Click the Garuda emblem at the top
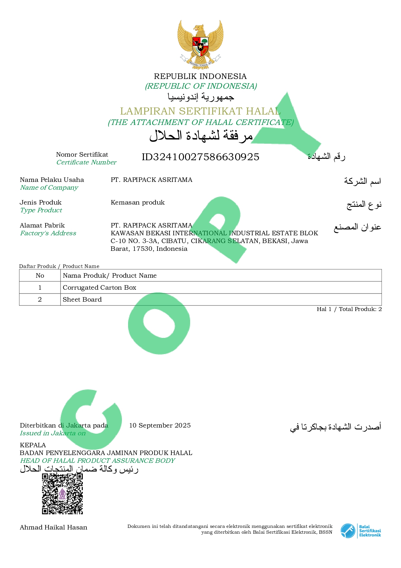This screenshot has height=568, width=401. tap(200, 43)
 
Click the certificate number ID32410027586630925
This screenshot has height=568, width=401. tap(200, 157)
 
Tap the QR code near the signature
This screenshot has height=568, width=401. tap(62, 494)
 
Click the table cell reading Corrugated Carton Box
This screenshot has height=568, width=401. tap(100, 287)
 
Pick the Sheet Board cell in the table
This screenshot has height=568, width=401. tap(82, 299)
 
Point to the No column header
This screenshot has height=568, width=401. tap(40, 275)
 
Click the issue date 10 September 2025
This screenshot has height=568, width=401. tap(160, 425)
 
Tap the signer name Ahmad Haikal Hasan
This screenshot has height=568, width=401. tap(53, 527)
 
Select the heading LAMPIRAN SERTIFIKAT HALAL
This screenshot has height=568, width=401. tap(200, 111)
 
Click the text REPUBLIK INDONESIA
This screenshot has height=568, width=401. tap(200, 76)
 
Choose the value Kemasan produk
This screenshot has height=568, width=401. tap(137, 202)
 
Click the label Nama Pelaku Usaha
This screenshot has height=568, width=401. tap(52, 180)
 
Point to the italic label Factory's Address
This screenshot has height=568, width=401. tap(48, 233)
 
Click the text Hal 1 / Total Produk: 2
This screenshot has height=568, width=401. tap(349, 309)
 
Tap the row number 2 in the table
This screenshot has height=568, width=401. tap(40, 299)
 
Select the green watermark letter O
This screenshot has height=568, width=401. tap(159, 324)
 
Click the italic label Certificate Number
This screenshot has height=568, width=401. tap(86, 162)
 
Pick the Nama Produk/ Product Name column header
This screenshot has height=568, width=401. tap(110, 275)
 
